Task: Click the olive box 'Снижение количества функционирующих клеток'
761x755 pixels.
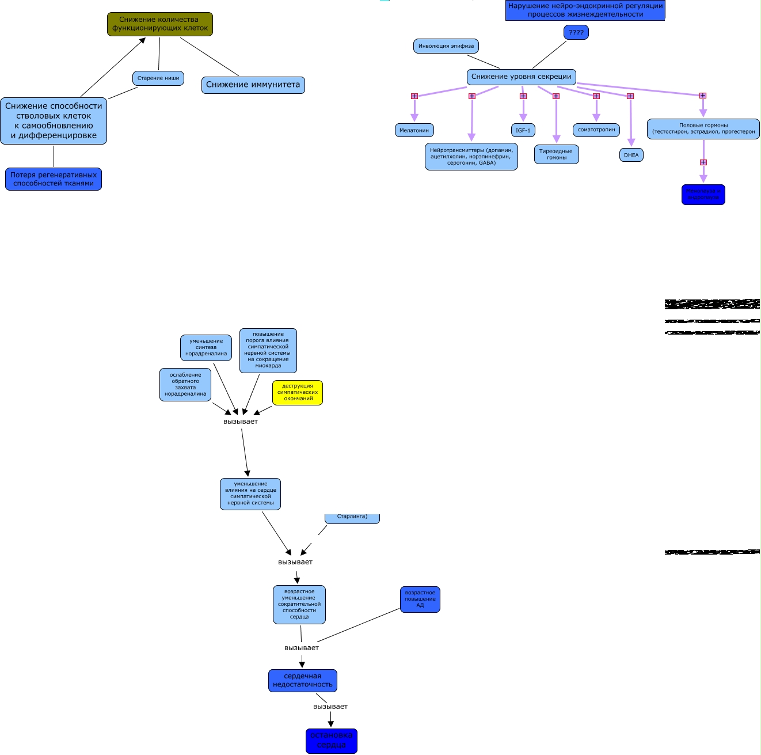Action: pos(160,24)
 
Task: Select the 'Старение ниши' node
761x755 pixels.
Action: pos(158,78)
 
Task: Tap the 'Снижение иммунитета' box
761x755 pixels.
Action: pos(253,85)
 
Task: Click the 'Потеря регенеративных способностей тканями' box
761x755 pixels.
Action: pos(54,179)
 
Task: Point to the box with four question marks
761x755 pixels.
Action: pos(576,33)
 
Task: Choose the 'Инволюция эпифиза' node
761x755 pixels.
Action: pos(446,46)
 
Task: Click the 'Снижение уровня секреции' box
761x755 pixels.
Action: pos(521,77)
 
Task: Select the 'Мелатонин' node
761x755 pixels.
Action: pos(414,130)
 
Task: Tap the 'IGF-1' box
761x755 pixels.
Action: pos(523,130)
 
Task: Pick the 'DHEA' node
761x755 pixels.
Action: pos(631,155)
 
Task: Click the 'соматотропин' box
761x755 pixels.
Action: pos(596,130)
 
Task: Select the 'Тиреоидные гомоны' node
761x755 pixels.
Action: pos(556,154)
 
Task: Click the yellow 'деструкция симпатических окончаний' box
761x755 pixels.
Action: pos(298,393)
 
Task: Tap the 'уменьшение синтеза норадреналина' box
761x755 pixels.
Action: pos(206,348)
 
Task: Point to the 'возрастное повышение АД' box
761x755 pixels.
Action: pos(420,600)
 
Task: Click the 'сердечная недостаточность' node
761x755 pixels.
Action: pos(303,681)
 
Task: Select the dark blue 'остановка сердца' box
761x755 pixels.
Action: pos(332,741)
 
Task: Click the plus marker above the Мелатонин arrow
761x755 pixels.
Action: pos(414,96)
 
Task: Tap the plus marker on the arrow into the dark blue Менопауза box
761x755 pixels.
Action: pos(703,162)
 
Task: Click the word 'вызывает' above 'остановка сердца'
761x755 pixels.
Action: pos(330,707)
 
